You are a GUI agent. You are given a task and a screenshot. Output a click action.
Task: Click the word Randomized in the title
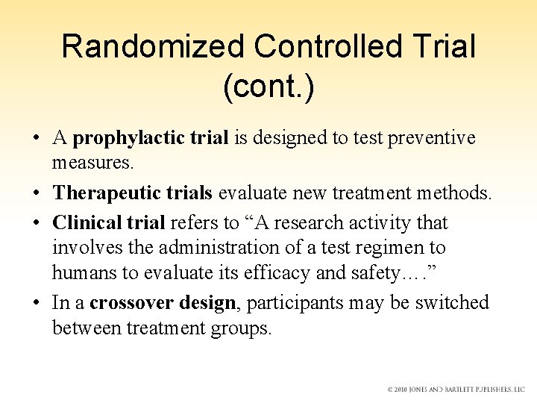154,47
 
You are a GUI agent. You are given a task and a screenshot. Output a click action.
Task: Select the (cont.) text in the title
268,87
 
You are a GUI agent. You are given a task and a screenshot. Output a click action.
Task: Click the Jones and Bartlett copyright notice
456,390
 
